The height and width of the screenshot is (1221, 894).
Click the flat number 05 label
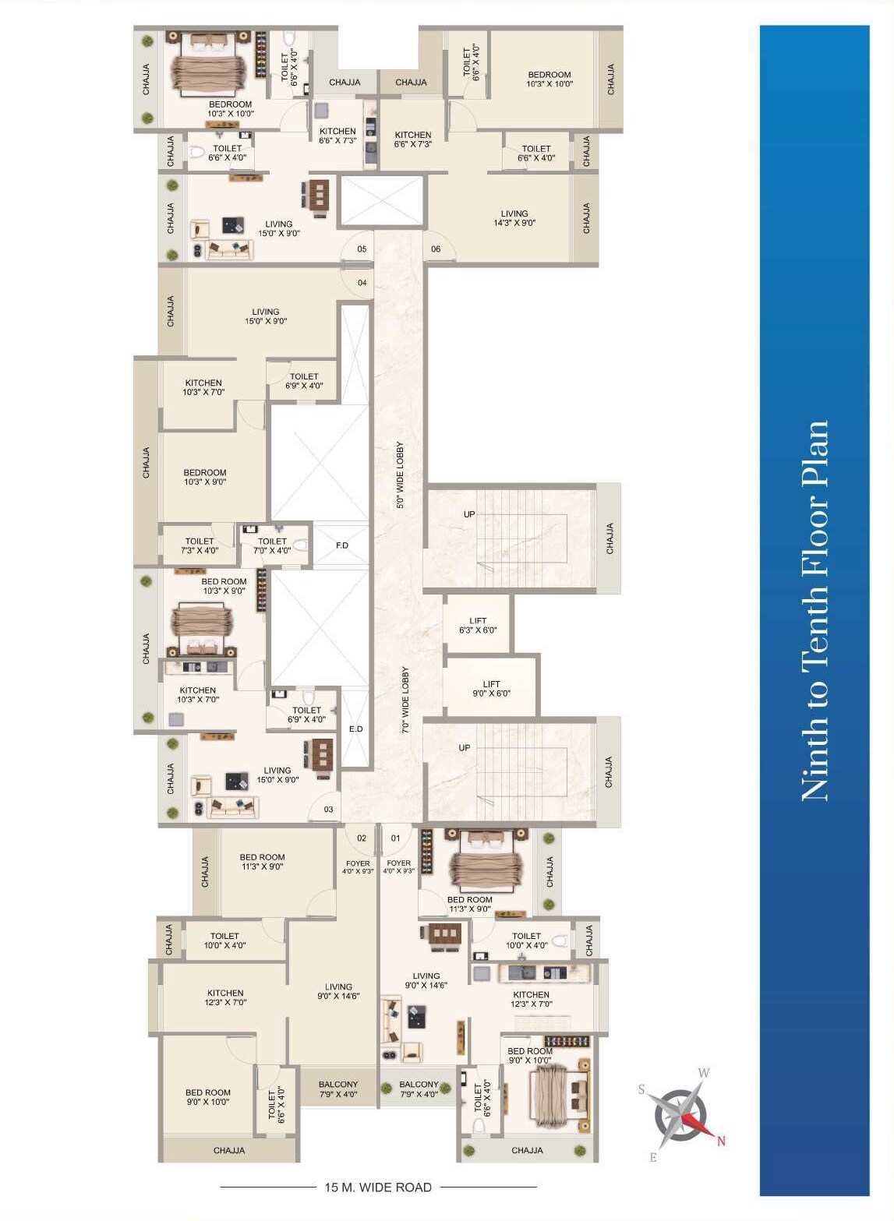(362, 249)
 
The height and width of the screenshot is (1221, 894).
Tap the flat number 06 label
(436, 249)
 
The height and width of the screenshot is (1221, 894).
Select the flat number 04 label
(362, 282)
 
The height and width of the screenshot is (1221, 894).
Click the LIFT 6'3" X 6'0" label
(478, 625)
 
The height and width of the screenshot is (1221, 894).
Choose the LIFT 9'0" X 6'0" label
(491, 689)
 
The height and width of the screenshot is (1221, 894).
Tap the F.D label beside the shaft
(342, 545)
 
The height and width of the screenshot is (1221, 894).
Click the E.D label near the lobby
(355, 729)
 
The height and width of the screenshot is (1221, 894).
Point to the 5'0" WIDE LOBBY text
(400, 475)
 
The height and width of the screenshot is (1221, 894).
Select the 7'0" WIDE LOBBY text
(405, 700)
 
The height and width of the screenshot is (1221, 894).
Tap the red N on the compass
(721, 1140)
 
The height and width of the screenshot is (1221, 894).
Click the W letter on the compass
(704, 1073)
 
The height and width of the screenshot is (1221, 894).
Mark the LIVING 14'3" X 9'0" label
(514, 218)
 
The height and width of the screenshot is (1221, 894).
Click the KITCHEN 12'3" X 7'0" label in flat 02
(225, 997)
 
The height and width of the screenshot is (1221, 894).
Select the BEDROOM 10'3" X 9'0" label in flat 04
(205, 477)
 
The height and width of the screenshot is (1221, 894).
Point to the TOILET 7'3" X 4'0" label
(200, 545)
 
